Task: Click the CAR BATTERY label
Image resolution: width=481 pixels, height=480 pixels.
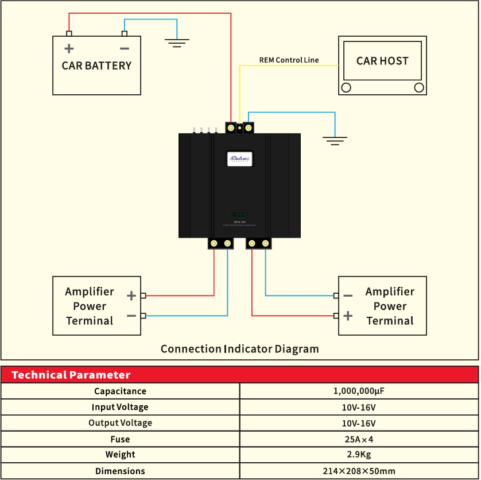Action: point(96,66)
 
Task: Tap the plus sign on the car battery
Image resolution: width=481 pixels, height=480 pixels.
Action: point(69,49)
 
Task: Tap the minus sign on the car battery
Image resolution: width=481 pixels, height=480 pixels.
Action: point(124,49)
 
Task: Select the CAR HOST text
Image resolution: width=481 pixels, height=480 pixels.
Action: point(382,61)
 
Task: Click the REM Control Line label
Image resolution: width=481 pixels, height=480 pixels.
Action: point(289,60)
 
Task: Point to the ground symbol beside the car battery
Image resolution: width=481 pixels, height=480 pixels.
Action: point(177,42)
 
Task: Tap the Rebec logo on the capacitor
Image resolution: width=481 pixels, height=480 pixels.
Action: point(239,159)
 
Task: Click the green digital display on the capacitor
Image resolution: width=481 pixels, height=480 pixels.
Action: point(239,214)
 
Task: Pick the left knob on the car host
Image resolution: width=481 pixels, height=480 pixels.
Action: point(346,87)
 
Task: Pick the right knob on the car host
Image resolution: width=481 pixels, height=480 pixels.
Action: point(419,87)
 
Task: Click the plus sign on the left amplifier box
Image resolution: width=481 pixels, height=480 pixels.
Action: point(131,295)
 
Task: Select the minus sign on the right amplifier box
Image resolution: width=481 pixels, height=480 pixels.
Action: point(348,295)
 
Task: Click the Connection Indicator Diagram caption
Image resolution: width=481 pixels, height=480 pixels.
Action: point(239,349)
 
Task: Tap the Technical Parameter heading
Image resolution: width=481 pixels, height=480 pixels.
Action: point(71,375)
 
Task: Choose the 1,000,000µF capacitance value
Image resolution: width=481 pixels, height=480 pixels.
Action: point(359,391)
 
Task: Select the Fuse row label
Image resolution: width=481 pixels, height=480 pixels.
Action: point(120,439)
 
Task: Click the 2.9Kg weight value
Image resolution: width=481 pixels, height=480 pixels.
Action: point(359,455)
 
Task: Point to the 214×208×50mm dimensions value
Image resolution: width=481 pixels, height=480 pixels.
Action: point(359,471)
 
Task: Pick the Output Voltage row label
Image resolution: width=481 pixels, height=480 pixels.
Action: point(120,423)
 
